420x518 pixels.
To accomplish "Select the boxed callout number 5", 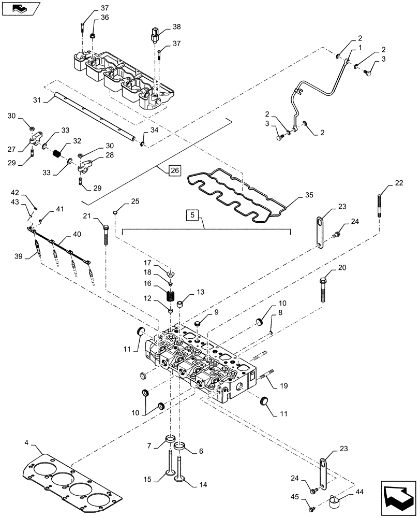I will [191, 214].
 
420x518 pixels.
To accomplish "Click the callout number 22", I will [398, 183].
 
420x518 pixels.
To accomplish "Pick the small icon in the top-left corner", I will [18, 8].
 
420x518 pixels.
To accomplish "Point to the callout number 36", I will [104, 17].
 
